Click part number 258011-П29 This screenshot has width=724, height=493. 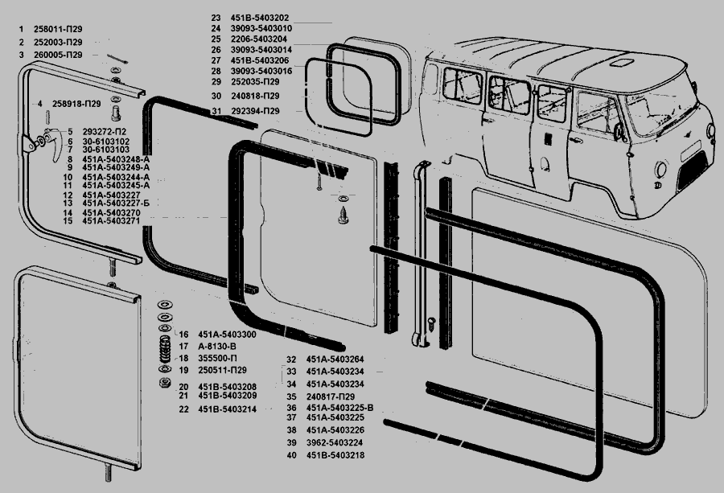[58, 29]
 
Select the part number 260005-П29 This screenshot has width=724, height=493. [58, 54]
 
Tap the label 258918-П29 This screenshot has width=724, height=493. [76, 104]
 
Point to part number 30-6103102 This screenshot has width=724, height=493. [105, 142]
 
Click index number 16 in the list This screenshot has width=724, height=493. [183, 335]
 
